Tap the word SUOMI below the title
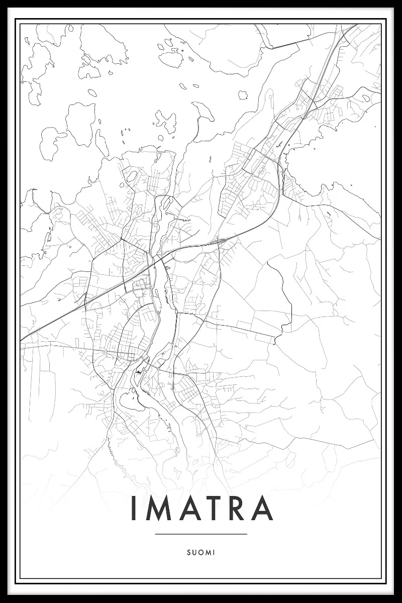coord(201,552)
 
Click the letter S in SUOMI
coord(188,552)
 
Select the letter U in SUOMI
coord(194,552)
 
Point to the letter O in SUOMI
coord(200,552)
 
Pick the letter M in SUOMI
coord(207,552)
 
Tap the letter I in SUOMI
coord(214,552)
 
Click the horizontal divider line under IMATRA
coord(201,534)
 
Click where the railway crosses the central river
coord(157,260)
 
